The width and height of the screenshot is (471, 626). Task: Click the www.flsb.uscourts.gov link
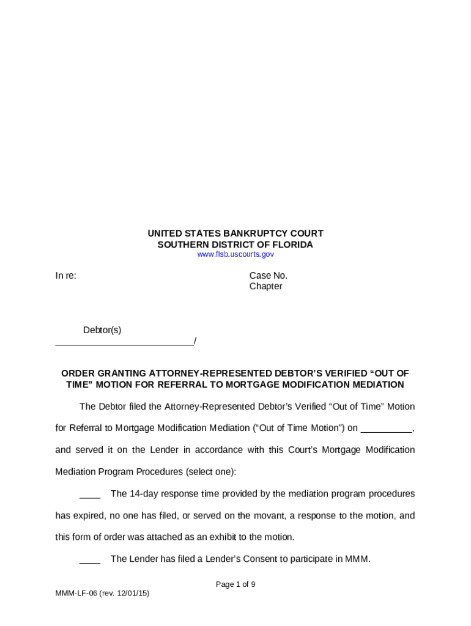[x=236, y=254]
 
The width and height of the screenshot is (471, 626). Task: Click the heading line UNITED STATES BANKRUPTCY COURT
[x=236, y=234]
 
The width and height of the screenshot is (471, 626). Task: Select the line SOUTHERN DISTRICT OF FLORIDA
[x=236, y=245]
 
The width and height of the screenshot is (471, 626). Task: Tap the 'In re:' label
[x=66, y=276]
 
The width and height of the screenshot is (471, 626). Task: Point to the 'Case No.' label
[x=268, y=276]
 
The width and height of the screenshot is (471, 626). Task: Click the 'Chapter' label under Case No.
[x=265, y=287]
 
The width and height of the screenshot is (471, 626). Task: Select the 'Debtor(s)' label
[x=102, y=330]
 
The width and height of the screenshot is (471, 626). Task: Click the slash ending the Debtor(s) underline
[x=195, y=341]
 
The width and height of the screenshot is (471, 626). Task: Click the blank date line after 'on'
[x=386, y=429]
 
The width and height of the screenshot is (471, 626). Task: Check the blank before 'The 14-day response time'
[x=90, y=494]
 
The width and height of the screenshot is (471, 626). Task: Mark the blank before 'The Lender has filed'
[x=90, y=559]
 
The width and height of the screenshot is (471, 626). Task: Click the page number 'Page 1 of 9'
[x=236, y=584]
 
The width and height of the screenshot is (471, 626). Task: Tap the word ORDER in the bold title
[x=77, y=374]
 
